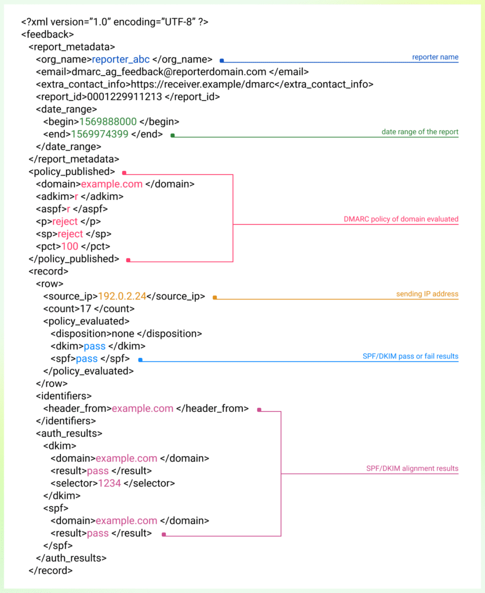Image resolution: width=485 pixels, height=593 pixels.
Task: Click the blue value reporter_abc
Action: pyautogui.click(x=121, y=60)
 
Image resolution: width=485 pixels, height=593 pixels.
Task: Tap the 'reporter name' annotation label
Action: pyautogui.click(x=435, y=57)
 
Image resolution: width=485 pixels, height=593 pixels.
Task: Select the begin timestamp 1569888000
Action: pyautogui.click(x=108, y=122)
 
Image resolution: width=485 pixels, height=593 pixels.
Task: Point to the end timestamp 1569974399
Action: pyautogui.click(x=100, y=134)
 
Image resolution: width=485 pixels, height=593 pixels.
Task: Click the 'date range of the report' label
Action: pyautogui.click(x=420, y=132)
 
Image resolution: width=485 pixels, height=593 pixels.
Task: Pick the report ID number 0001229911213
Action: pyautogui.click(x=125, y=97)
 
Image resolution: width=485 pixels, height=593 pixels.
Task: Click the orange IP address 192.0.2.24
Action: pyautogui.click(x=122, y=296)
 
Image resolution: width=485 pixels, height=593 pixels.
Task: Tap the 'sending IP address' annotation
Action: pyautogui.click(x=427, y=294)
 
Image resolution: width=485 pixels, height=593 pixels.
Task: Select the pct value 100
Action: pyautogui.click(x=70, y=247)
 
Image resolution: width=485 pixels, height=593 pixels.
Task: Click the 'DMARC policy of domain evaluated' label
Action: pyautogui.click(x=401, y=219)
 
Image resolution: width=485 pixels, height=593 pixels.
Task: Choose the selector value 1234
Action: pyautogui.click(x=110, y=484)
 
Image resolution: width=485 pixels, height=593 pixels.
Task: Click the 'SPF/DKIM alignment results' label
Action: pyautogui.click(x=412, y=468)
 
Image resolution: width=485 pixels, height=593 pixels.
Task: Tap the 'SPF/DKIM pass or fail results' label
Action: pyautogui.click(x=410, y=356)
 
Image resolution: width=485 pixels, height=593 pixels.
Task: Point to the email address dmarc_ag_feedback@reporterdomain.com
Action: pyautogui.click(x=169, y=72)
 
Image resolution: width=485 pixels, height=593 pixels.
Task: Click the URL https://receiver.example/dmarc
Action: pyautogui.click(x=202, y=85)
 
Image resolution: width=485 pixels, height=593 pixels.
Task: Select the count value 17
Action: pyautogui.click(x=86, y=309)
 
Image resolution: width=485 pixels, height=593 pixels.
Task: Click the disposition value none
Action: pyautogui.click(x=123, y=334)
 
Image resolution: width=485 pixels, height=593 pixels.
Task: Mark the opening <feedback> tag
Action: pyautogui.click(x=48, y=34)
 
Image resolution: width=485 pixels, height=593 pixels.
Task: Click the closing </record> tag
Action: pyautogui.click(x=50, y=570)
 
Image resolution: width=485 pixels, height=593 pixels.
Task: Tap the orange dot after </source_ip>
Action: pyautogui.click(x=215, y=298)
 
